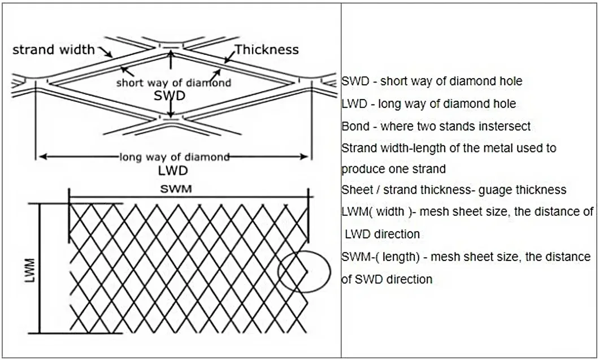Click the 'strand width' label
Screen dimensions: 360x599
54,50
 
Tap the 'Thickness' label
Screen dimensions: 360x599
266,49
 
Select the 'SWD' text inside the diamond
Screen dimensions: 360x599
170,96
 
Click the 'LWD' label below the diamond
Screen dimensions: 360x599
173,170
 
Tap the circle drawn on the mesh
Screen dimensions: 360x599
304,271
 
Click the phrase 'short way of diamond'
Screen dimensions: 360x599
173,83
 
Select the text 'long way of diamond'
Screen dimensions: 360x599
174,157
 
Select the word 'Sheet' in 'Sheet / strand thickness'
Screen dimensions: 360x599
355,190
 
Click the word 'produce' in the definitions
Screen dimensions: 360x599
361,168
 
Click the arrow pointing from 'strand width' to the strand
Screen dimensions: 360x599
107,53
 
